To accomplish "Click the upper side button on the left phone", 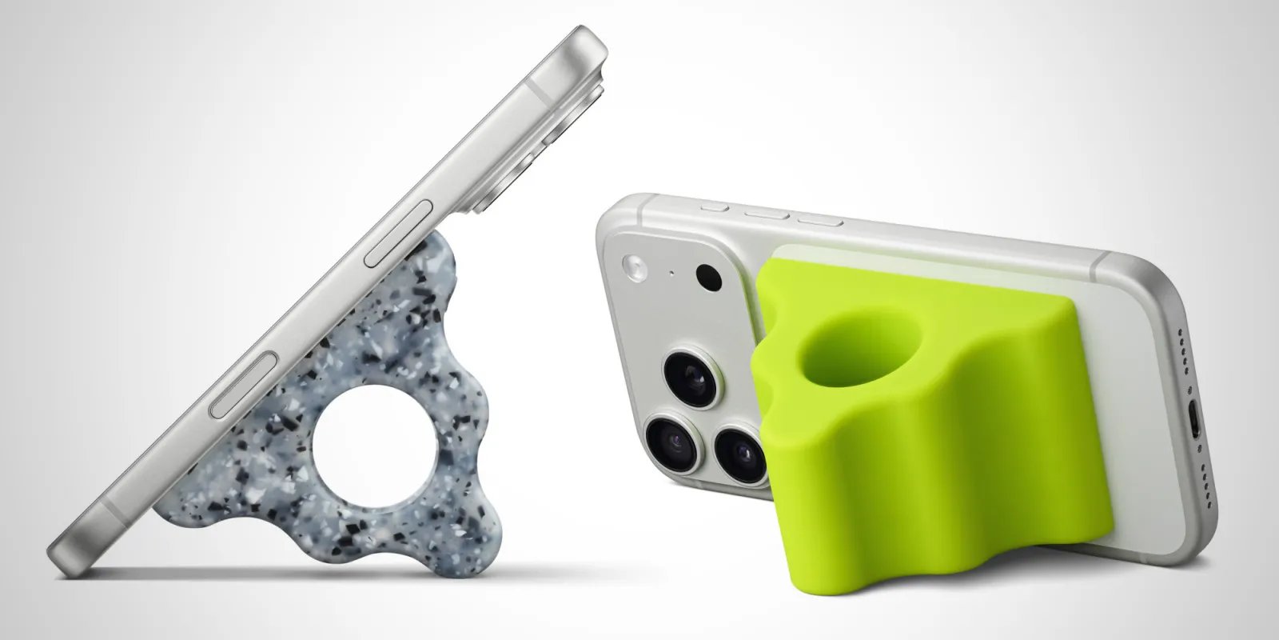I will (400, 234).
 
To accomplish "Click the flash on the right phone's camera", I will (636, 267).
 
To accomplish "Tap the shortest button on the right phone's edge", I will (713, 207).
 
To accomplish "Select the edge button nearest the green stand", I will (814, 218).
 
